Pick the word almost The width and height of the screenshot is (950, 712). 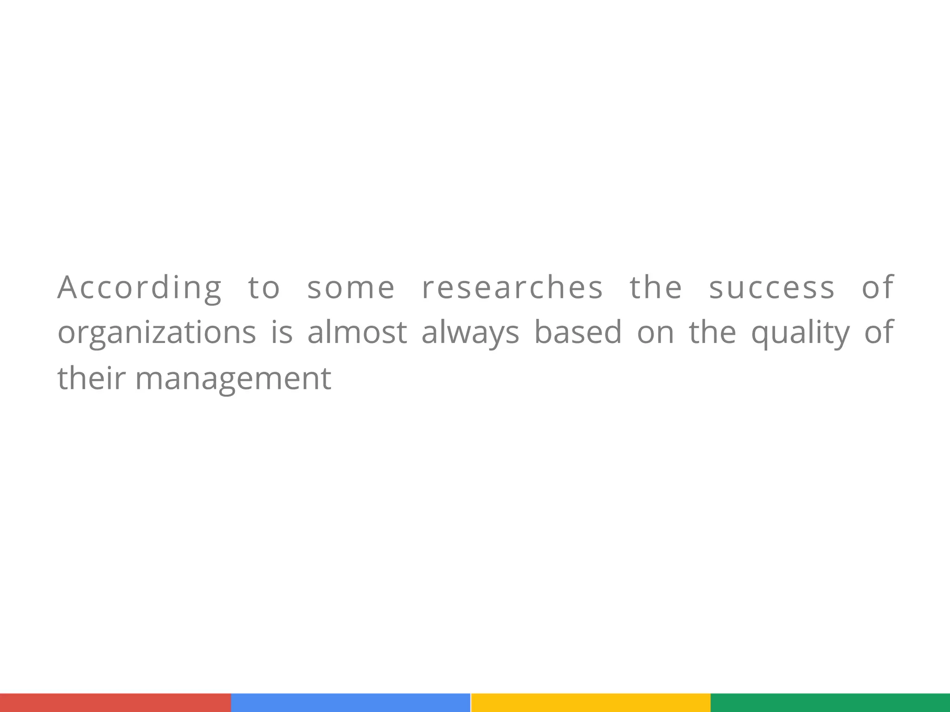[x=357, y=332]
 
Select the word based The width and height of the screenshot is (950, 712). [x=578, y=332]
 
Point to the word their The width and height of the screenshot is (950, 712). [x=91, y=378]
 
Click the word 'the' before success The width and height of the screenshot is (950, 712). [x=656, y=287]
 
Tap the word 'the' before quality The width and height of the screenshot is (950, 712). [x=712, y=332]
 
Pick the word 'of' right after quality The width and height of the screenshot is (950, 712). [x=879, y=332]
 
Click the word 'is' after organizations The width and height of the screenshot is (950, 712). [x=282, y=332]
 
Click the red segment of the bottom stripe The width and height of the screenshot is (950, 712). [x=116, y=703]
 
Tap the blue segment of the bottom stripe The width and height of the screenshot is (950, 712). [x=351, y=703]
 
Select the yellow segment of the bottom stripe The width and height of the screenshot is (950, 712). [x=591, y=703]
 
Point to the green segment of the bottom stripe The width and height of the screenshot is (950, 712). [x=830, y=703]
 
